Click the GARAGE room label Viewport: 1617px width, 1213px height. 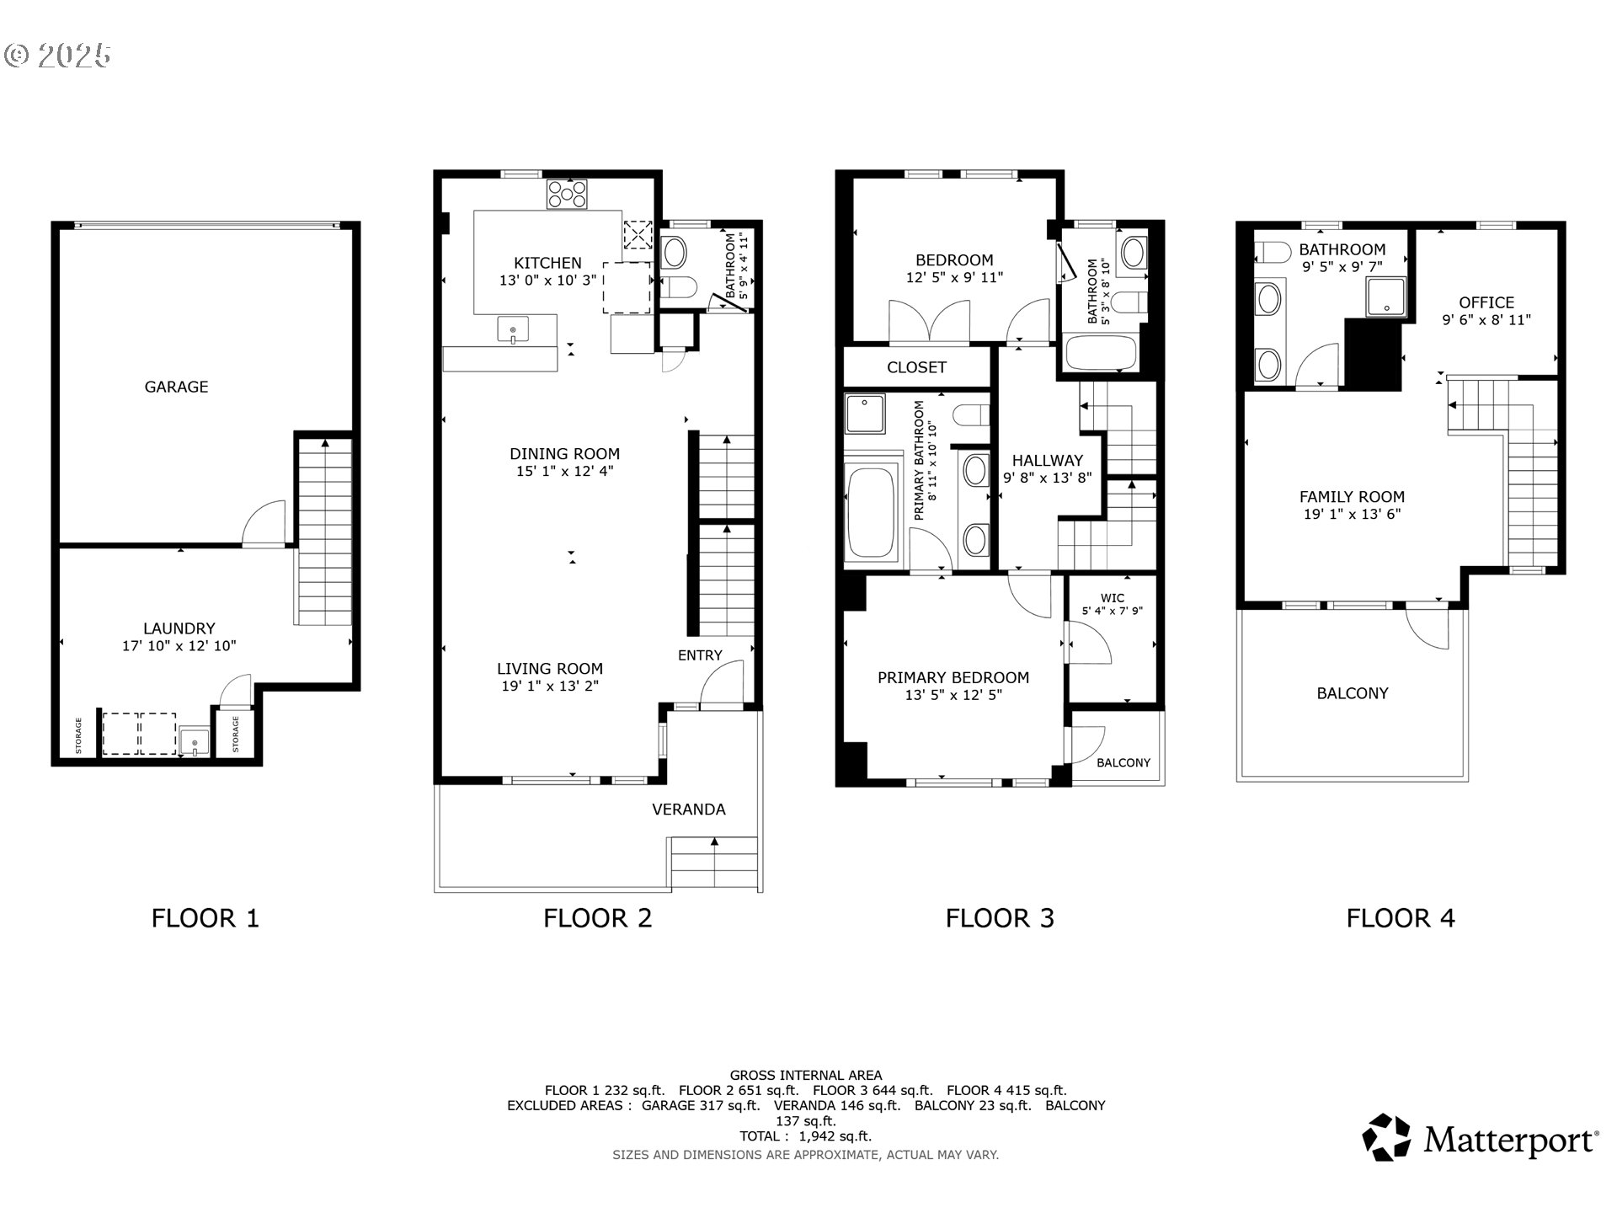(x=176, y=387)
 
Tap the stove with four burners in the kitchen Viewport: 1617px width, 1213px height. (x=567, y=194)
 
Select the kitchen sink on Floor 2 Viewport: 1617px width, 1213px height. (x=513, y=329)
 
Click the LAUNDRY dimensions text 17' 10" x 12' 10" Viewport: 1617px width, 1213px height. (x=179, y=646)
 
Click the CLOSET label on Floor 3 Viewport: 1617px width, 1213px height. (x=916, y=367)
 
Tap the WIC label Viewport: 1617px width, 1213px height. (x=1112, y=598)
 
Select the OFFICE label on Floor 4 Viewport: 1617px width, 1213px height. (x=1486, y=302)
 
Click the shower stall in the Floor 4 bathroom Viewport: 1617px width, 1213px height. (x=1385, y=297)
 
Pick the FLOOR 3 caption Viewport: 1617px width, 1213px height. (x=1000, y=918)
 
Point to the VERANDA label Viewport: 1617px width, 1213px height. (x=688, y=810)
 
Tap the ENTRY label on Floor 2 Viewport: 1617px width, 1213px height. (x=700, y=655)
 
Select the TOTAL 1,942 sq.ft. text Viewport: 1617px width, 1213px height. (x=805, y=1136)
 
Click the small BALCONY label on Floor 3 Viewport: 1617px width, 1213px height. (x=1123, y=762)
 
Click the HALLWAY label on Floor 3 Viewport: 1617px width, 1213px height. (x=1047, y=461)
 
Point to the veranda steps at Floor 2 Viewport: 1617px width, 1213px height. (x=714, y=863)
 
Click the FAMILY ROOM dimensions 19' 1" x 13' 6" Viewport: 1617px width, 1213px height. (x=1352, y=515)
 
